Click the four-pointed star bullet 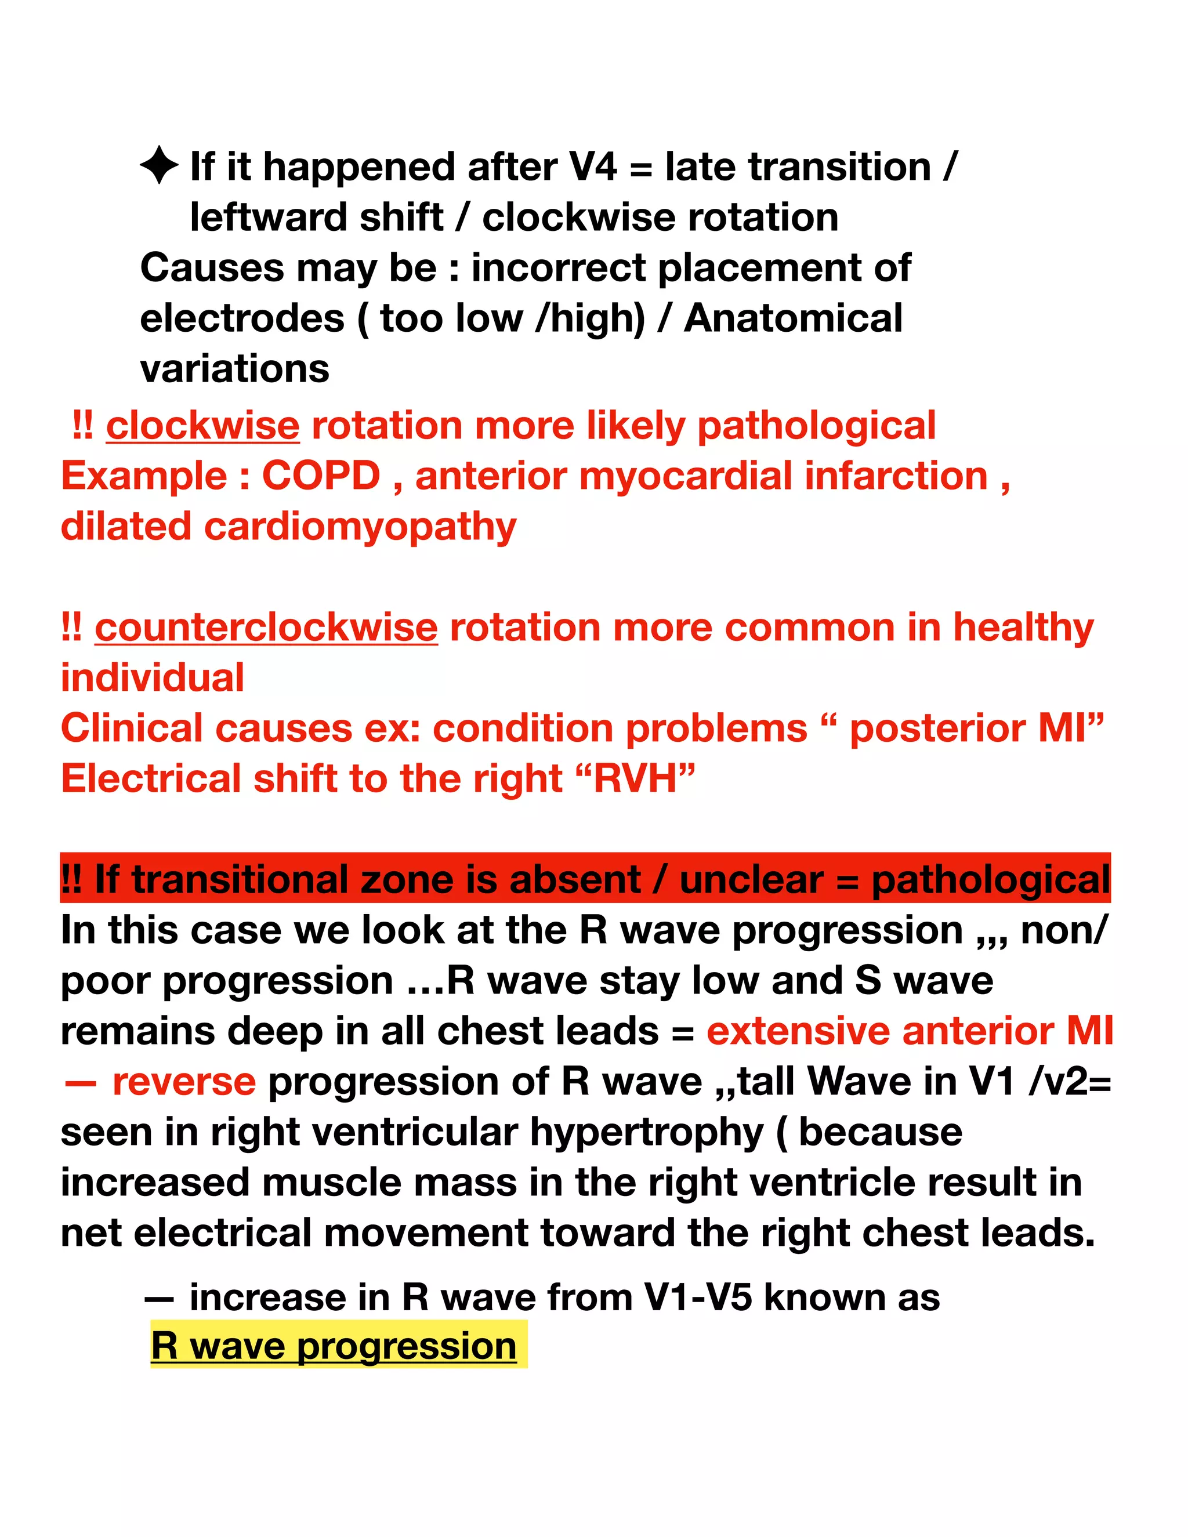[x=158, y=165]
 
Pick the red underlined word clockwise [x=202, y=426]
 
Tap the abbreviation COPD [x=321, y=476]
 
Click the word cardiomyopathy [x=360, y=527]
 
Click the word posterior [x=937, y=728]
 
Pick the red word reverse [x=184, y=1082]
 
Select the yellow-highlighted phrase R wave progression [x=334, y=1346]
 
